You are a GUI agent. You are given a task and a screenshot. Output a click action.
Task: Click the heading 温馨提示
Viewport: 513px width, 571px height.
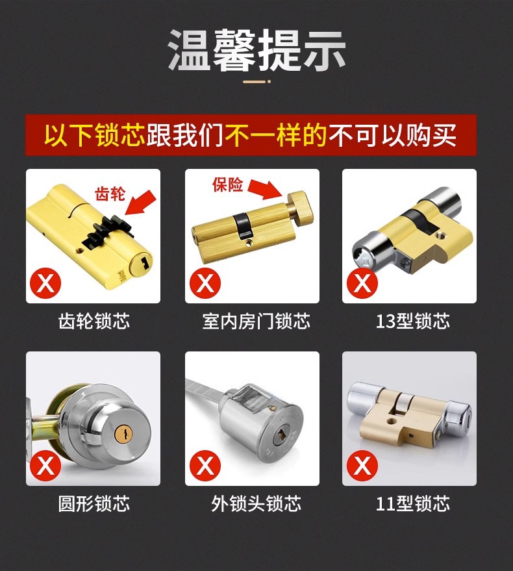pos(256,50)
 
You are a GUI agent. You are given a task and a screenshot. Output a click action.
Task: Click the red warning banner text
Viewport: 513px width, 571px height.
pos(251,135)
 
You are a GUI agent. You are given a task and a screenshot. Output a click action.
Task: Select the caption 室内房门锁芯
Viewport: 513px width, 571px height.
pos(256,321)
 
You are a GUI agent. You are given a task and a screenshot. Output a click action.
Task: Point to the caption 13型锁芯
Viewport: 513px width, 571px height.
pos(412,321)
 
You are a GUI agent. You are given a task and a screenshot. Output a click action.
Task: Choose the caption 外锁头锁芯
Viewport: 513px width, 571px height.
pos(256,503)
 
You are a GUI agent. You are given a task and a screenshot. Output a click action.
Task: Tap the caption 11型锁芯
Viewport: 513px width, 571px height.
pos(412,503)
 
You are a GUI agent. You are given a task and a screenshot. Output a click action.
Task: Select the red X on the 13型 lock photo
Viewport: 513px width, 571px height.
pos(362,283)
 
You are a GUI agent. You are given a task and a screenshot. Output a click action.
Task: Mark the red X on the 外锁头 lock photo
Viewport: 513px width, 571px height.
pos(206,466)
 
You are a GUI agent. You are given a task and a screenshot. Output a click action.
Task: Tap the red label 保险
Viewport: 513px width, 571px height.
pos(227,184)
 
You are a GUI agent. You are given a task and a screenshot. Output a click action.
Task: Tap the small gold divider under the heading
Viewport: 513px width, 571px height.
pos(256,82)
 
